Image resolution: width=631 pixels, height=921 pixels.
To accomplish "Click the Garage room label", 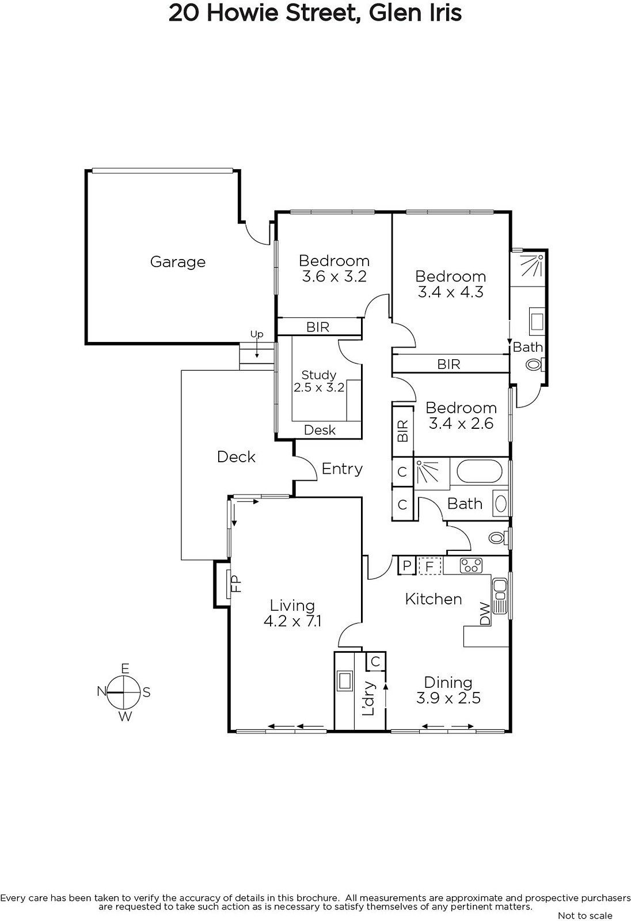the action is point(178,262).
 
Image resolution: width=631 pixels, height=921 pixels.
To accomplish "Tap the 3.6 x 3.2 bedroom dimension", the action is point(334,276).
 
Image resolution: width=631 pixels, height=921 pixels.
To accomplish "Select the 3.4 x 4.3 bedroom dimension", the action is point(450,292).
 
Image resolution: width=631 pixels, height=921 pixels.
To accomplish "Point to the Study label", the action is point(319,375).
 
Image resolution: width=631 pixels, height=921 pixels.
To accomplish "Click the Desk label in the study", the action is point(320,430).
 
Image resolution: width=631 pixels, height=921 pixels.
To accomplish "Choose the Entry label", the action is point(342,469).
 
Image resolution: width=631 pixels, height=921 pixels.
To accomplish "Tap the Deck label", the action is point(236,457).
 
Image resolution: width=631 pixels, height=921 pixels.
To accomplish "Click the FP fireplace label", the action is point(235,584).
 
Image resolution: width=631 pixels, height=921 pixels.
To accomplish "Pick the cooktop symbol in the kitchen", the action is point(471,565).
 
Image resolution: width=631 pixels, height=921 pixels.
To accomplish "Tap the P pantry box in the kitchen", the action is point(407,566).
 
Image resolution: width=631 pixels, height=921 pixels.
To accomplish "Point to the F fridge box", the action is point(429,566).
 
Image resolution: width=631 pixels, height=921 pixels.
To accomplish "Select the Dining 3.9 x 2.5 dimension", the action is point(448,698).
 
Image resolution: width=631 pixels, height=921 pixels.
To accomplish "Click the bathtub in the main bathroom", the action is point(479,471).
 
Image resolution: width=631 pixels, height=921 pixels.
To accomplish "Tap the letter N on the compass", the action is point(101,691).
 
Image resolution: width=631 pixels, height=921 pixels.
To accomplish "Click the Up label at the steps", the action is point(257,334).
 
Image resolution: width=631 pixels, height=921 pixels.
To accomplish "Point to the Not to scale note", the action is point(585,915).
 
